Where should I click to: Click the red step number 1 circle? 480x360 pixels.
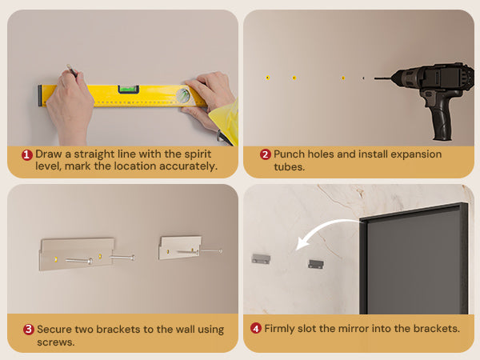27,154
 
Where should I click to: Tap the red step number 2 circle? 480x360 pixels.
266,154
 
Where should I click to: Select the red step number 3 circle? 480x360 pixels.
29,330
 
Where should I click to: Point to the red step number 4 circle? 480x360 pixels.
256,329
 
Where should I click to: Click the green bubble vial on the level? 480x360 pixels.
129,89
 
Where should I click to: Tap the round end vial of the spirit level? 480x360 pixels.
183,95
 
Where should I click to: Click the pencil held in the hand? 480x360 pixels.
72,70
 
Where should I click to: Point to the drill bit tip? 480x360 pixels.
374,78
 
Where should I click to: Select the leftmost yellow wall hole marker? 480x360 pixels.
267,78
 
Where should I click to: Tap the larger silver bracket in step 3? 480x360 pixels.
77,254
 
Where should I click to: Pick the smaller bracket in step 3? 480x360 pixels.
180,247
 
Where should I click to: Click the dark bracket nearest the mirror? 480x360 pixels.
316,264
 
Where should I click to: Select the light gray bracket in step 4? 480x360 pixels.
261,258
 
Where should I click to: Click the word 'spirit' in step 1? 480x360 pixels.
198,154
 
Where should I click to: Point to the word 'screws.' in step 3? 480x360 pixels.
56,342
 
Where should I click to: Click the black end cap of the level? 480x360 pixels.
40,95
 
